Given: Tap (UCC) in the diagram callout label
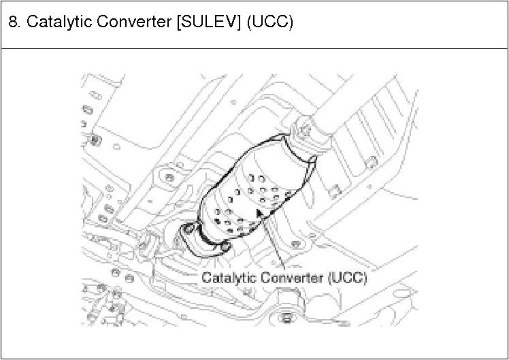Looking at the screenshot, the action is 346,278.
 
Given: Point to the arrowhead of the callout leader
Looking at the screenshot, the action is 259,213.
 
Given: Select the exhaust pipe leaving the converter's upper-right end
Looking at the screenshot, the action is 354,109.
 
